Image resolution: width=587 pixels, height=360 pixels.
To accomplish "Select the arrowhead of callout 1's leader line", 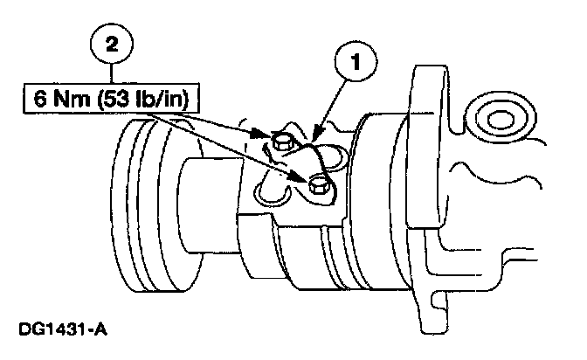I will tap(314, 139).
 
